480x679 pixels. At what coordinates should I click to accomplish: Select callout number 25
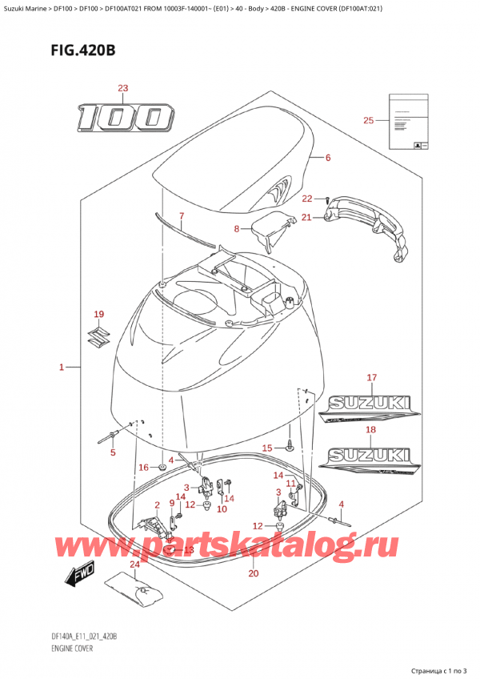click(x=368, y=121)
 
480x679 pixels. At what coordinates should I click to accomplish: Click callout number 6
click(x=328, y=158)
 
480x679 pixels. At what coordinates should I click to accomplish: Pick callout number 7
click(x=182, y=216)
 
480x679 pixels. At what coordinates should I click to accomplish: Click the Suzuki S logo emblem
click(x=99, y=340)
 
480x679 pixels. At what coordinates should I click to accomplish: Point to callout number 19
click(x=98, y=314)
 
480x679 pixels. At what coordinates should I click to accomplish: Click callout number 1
click(x=62, y=368)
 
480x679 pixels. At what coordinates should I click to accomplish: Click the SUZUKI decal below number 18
click(x=370, y=458)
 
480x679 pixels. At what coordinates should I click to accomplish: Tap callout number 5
click(x=112, y=452)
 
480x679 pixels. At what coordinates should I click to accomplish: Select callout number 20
click(x=254, y=573)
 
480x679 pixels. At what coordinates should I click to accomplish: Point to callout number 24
click(x=134, y=564)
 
